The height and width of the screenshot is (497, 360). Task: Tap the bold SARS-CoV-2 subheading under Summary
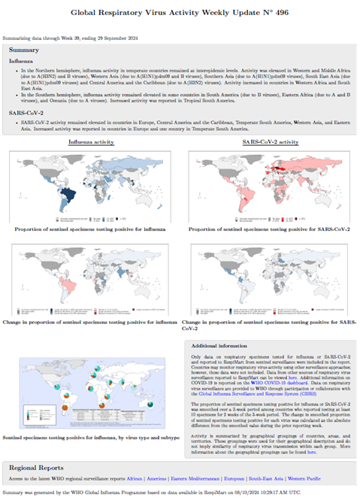26,112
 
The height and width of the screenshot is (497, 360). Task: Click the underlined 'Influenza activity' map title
92,141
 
